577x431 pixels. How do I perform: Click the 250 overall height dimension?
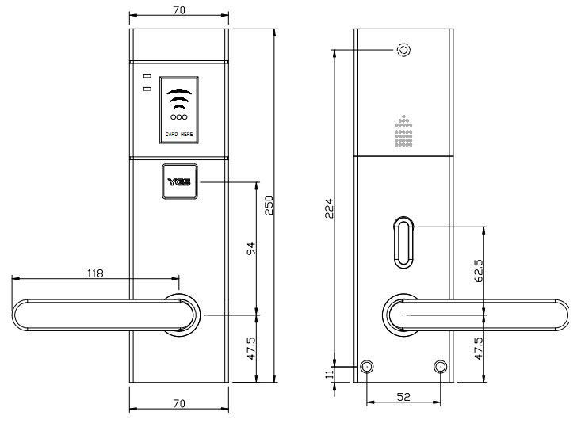click(269, 205)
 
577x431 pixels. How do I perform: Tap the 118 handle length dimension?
click(95, 273)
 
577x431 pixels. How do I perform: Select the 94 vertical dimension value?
click(251, 249)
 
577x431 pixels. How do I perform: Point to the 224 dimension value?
click(329, 208)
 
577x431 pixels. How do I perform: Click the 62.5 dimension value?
click(479, 271)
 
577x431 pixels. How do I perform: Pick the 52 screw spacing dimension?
click(403, 397)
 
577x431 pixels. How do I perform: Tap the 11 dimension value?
click(329, 374)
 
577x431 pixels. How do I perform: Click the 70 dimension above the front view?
click(179, 10)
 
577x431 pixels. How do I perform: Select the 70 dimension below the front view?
click(179, 403)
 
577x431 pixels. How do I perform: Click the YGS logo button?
click(180, 181)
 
